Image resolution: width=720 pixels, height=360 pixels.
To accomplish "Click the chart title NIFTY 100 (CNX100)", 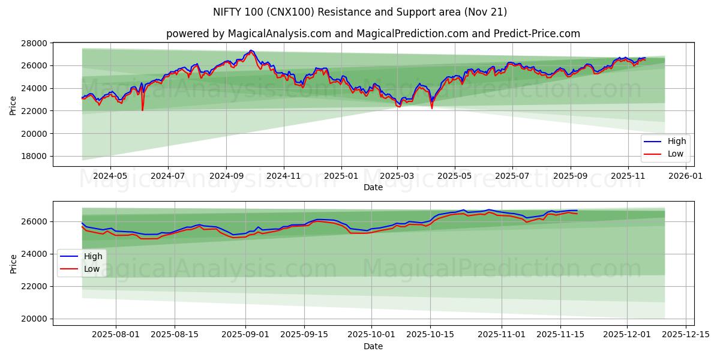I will (359, 12).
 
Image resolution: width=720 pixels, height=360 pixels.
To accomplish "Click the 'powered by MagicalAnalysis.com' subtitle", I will (373, 34).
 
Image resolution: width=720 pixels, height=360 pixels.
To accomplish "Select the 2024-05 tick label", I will (110, 176).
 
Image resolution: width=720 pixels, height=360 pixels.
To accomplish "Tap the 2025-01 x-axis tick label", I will (341, 176).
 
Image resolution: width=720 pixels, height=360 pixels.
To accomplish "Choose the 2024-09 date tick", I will (226, 176).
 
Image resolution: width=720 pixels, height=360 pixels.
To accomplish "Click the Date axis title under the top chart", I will (373, 187).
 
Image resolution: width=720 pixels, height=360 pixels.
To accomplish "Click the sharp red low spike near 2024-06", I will (142, 110).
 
